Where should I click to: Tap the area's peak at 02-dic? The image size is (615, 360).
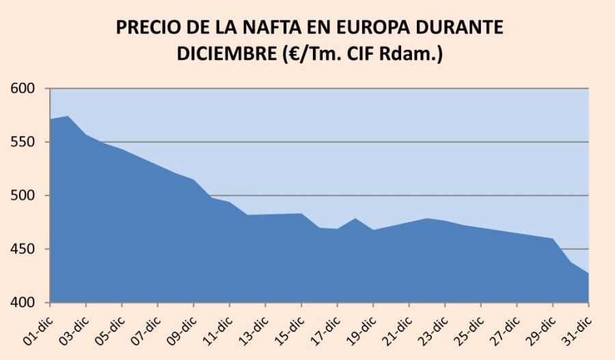click(68, 117)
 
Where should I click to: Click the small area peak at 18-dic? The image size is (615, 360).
click(355, 219)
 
